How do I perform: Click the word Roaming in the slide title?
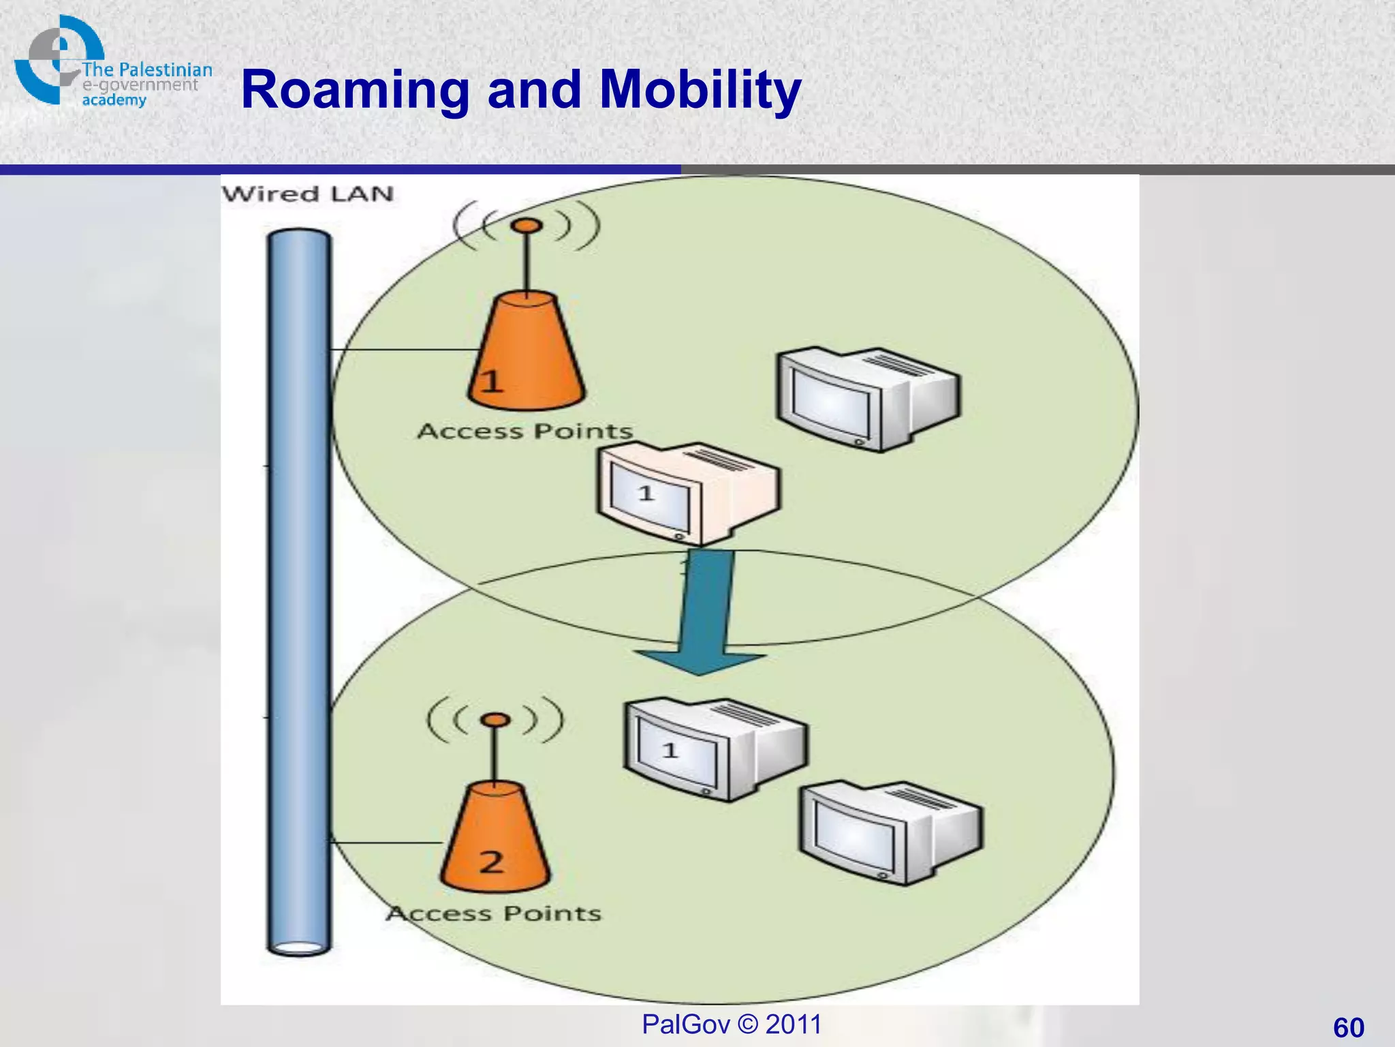click(x=354, y=90)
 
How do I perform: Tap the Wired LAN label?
click(x=308, y=194)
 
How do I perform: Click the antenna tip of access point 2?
click(x=497, y=720)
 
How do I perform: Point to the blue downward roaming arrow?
click(x=704, y=613)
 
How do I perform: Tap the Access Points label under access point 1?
click(x=525, y=431)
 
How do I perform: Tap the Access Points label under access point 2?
click(x=494, y=913)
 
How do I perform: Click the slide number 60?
click(x=1348, y=1027)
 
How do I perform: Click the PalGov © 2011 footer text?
click(x=732, y=1025)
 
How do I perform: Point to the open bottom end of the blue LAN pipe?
click(x=299, y=947)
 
